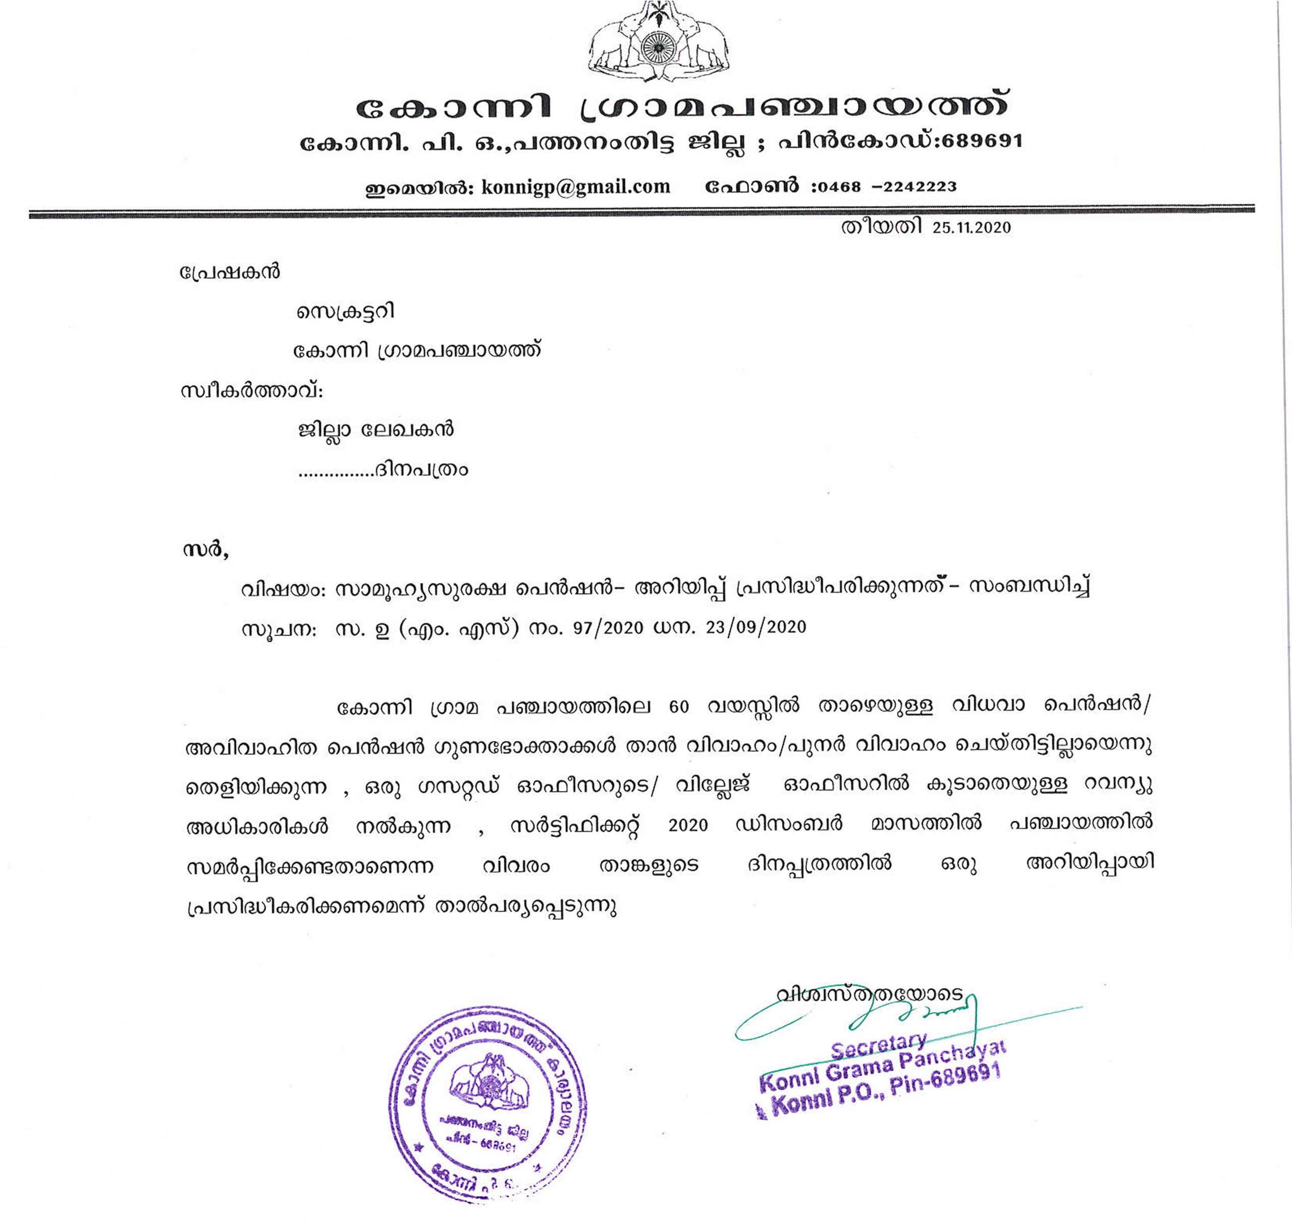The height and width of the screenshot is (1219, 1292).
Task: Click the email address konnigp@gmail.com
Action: pyautogui.click(x=575, y=187)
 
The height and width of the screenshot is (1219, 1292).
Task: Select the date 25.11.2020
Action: pyautogui.click(x=972, y=228)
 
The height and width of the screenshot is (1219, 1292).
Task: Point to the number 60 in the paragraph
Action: pyautogui.click(x=678, y=707)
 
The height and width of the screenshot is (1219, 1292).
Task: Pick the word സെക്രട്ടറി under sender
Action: pyautogui.click(x=346, y=312)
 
